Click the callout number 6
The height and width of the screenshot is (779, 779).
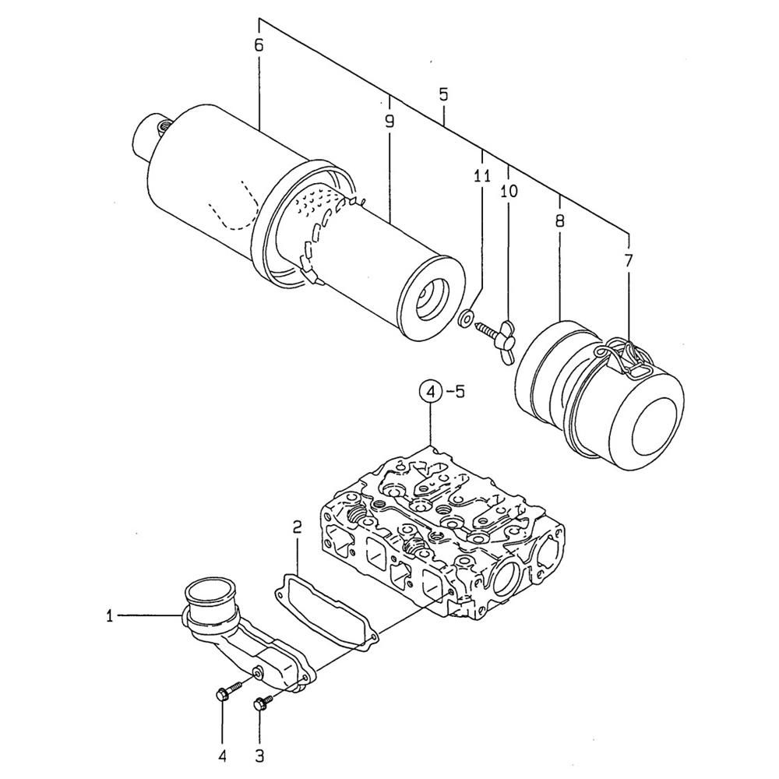click(259, 45)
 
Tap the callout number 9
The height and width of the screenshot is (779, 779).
click(389, 121)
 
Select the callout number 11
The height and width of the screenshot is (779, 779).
click(482, 176)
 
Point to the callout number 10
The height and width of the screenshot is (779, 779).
click(509, 191)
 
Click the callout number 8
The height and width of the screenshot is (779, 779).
click(560, 220)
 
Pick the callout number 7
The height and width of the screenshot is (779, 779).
click(629, 260)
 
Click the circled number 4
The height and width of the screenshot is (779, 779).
click(430, 392)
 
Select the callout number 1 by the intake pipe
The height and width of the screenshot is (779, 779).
click(109, 616)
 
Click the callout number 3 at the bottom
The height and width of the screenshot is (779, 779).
click(259, 756)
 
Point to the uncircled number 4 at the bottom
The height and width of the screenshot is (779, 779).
click(222, 756)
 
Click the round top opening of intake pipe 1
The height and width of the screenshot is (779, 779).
click(208, 593)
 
